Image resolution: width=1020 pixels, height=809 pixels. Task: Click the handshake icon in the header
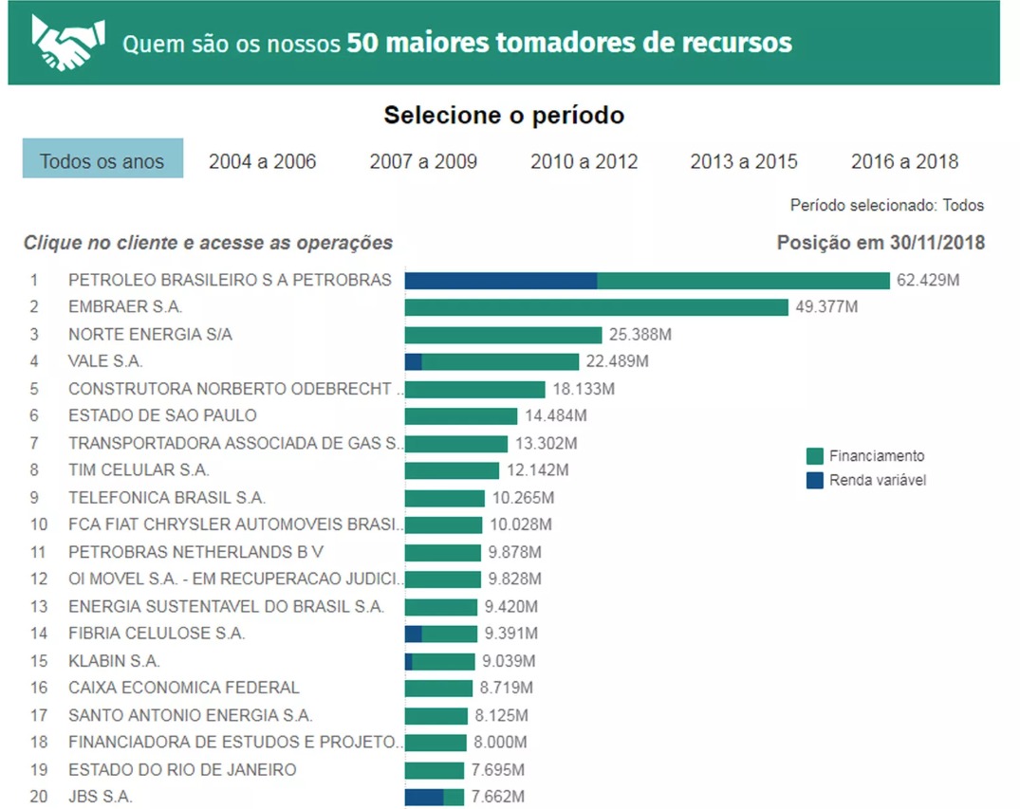coord(67,43)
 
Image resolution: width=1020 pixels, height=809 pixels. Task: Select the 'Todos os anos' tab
coord(102,158)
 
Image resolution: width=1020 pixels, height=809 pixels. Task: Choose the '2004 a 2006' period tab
coord(262,161)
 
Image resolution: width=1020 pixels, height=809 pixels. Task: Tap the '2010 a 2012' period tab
coord(584,161)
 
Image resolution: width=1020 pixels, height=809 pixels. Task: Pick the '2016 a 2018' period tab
coord(905,161)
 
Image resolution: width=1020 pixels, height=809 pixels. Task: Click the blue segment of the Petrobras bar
coord(501,281)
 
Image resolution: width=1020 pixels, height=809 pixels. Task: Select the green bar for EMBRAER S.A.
coord(597,307)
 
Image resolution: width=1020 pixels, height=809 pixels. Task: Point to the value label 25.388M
coord(640,334)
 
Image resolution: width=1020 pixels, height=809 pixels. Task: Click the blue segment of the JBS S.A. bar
coord(424,797)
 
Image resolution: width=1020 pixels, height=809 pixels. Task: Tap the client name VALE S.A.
coord(105,361)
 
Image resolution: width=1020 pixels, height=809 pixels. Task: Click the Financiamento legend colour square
coord(814,456)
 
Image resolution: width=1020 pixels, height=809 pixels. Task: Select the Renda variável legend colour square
coord(814,481)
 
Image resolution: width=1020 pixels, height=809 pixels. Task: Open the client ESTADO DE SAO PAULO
coord(162,414)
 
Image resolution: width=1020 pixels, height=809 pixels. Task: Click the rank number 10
coord(38,524)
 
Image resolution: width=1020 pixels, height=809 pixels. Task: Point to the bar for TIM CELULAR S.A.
coord(452,470)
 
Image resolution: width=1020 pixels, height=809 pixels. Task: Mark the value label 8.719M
coord(506,688)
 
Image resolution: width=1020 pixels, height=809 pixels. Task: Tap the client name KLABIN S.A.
coord(114,661)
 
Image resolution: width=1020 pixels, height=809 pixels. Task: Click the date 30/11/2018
coord(937,243)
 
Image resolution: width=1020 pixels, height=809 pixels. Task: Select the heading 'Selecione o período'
coord(504,115)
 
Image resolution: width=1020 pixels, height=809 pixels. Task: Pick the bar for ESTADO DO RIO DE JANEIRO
coord(434,770)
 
